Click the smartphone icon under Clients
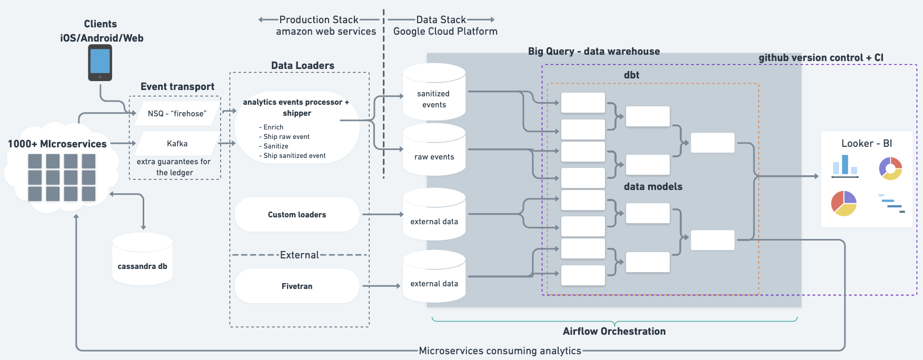click(x=100, y=63)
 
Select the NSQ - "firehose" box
click(x=177, y=114)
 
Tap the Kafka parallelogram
click(x=177, y=144)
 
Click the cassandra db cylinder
click(x=142, y=261)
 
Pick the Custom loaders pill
click(x=297, y=215)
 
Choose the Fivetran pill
click(x=297, y=286)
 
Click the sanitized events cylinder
click(x=434, y=95)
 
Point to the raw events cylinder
click(x=434, y=153)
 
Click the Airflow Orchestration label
click(x=614, y=331)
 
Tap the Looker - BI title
click(x=866, y=143)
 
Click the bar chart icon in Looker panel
click(x=845, y=166)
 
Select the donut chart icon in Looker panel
click(x=890, y=168)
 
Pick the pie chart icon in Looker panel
click(x=844, y=204)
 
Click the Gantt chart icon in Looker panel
click(x=891, y=204)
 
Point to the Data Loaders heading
click(x=302, y=65)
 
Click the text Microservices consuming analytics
click(x=500, y=351)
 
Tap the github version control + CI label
click(x=820, y=57)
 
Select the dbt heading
click(x=631, y=75)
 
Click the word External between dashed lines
click(x=299, y=255)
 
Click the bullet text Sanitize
click(x=275, y=146)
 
